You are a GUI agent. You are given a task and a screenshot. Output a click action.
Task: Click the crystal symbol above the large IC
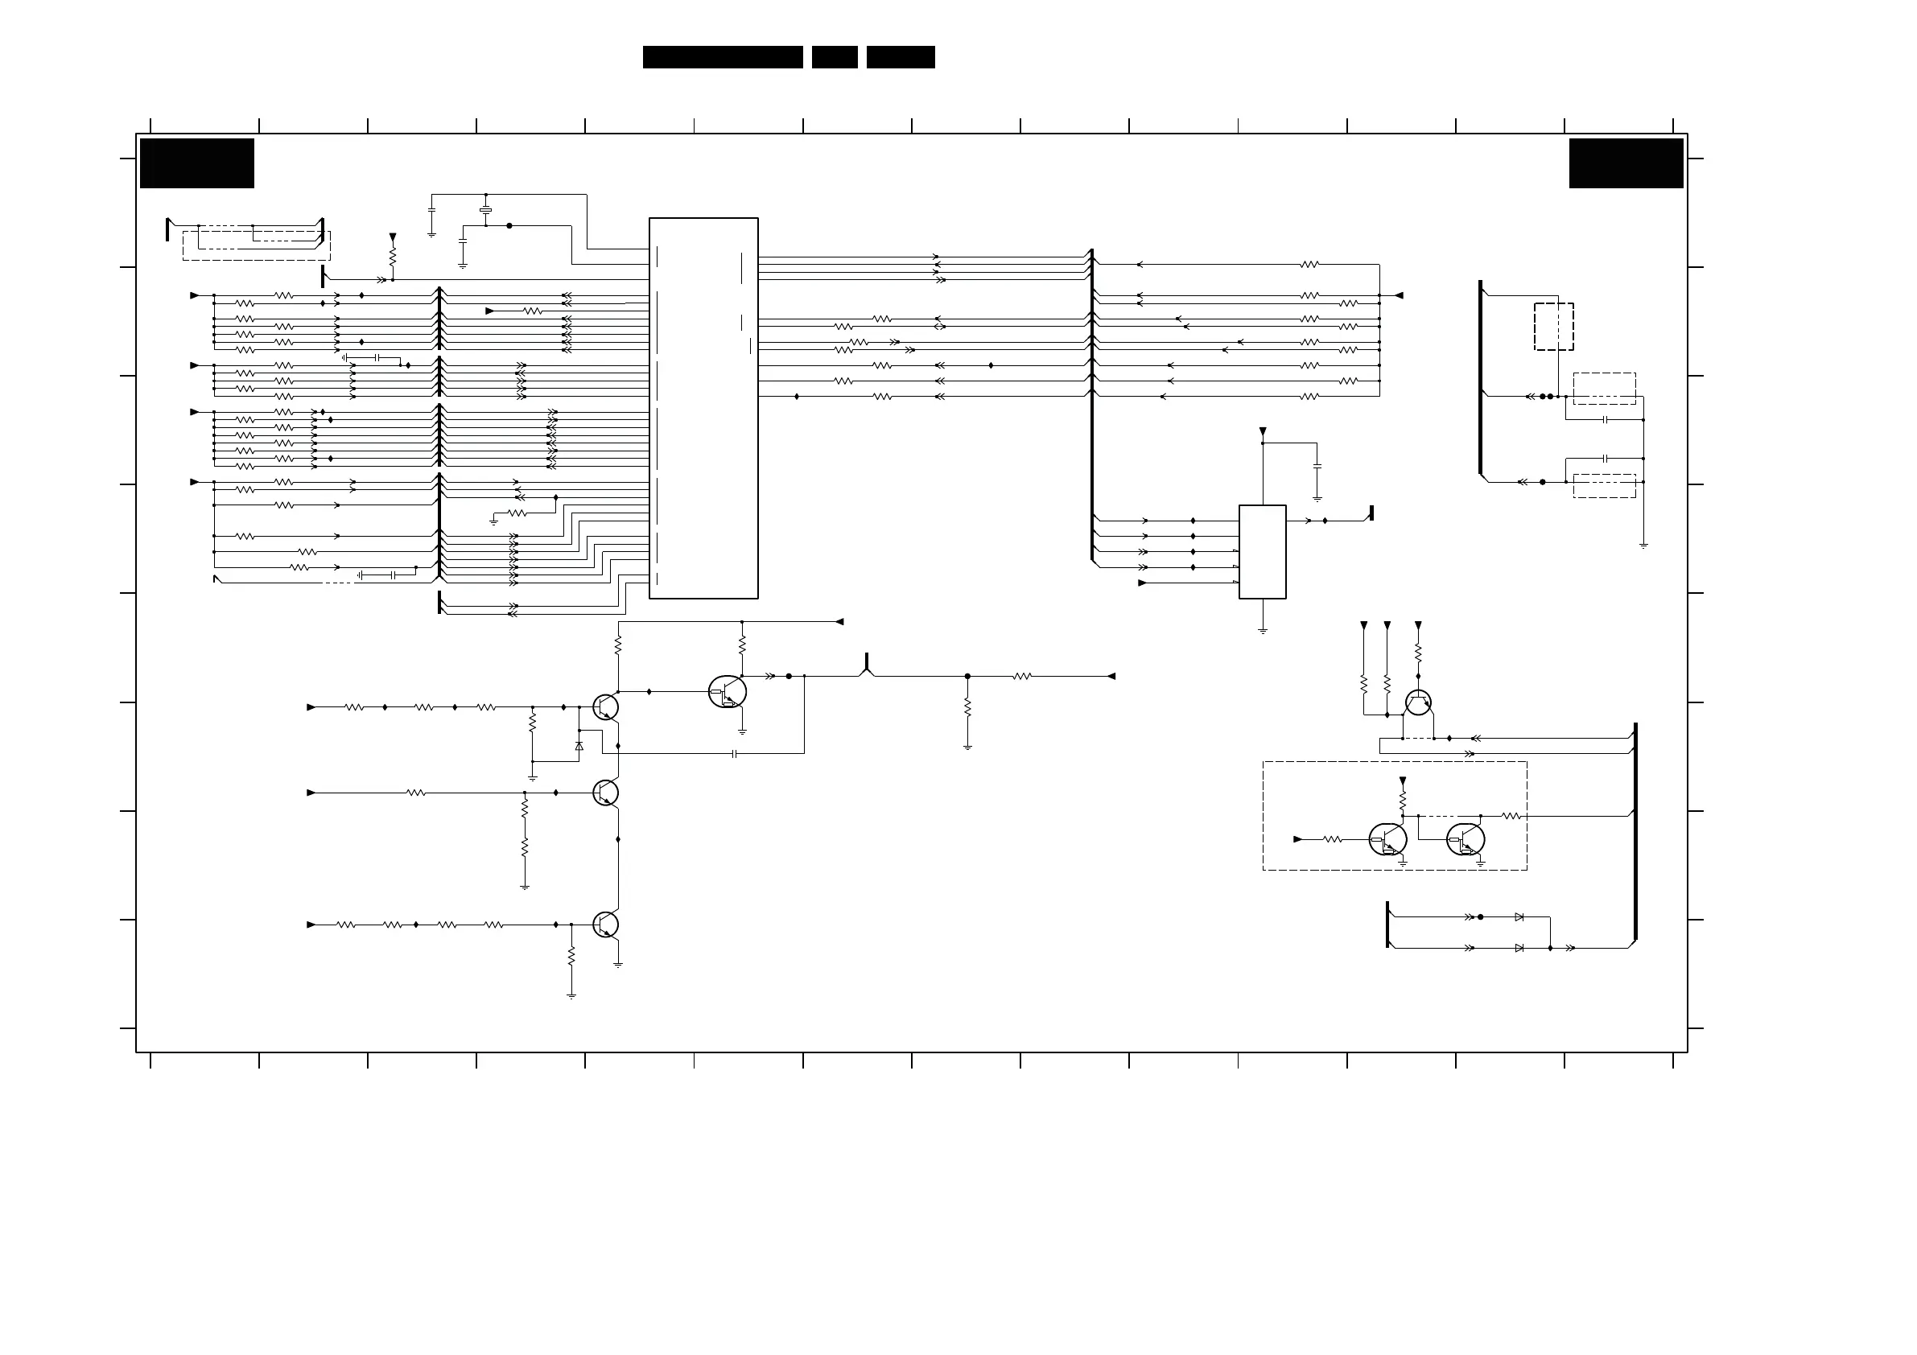tap(485, 209)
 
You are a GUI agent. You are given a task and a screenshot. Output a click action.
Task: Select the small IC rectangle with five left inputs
tap(1262, 551)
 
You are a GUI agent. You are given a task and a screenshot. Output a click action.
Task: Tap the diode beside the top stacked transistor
tap(579, 746)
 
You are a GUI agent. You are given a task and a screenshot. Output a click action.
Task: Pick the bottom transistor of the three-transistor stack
tap(605, 925)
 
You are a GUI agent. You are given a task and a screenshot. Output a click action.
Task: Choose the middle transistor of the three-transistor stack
tap(605, 793)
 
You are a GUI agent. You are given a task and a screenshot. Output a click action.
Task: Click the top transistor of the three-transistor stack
tap(605, 707)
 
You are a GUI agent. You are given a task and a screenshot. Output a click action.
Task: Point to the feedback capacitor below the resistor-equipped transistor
tap(734, 753)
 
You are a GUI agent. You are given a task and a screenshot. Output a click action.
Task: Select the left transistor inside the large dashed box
tap(1387, 839)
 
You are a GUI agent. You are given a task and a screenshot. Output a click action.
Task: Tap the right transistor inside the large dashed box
tap(1466, 839)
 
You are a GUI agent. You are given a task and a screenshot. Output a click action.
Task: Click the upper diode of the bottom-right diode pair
tap(1519, 916)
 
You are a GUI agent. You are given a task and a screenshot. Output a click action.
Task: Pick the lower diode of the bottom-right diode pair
tap(1519, 948)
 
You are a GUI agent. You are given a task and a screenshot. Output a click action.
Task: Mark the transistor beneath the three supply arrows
tap(1418, 703)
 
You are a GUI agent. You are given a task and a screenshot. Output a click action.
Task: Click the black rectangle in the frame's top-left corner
tap(197, 163)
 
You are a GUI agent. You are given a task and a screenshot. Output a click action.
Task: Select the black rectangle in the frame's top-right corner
tap(1626, 163)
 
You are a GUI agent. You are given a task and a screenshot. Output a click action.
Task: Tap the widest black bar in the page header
tap(722, 57)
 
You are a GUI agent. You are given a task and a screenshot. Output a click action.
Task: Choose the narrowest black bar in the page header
tap(834, 57)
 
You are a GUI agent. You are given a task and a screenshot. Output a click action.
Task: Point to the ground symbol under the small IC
tap(1263, 631)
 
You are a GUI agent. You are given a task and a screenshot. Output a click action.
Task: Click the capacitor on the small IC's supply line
tap(1317, 467)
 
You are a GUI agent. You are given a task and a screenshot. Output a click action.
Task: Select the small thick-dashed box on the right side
tap(1553, 327)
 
